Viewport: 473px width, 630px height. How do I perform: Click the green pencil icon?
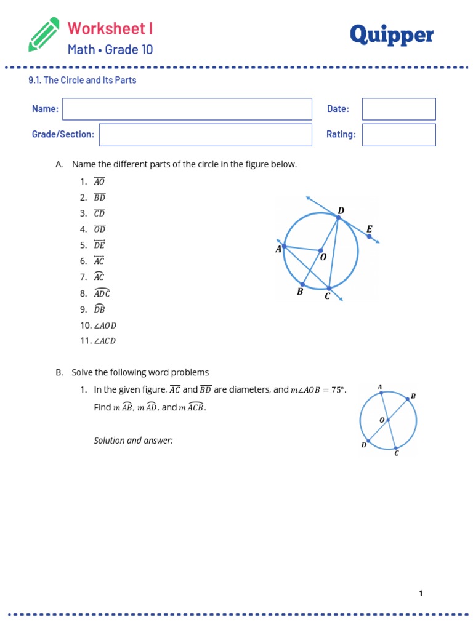44,34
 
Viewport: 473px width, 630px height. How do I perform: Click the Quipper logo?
391,36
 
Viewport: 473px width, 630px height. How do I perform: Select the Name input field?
187,109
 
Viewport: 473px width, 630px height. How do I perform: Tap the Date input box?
398,109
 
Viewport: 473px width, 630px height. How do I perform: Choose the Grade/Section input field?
205,135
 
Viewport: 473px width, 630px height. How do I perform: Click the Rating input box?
398,135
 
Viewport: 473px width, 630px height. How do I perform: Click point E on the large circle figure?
369,236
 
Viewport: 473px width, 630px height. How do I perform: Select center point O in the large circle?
320,250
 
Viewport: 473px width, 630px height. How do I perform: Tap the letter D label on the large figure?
341,210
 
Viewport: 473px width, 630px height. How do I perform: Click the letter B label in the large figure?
300,292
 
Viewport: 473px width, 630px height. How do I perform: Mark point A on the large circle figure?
284,245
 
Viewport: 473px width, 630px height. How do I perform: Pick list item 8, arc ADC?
102,293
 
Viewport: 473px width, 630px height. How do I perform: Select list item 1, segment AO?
99,181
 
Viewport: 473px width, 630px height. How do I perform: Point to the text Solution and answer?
133,441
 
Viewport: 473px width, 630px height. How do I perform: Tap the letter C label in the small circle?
396,453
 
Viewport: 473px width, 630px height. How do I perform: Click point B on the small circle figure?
407,399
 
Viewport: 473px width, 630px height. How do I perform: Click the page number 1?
421,593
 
